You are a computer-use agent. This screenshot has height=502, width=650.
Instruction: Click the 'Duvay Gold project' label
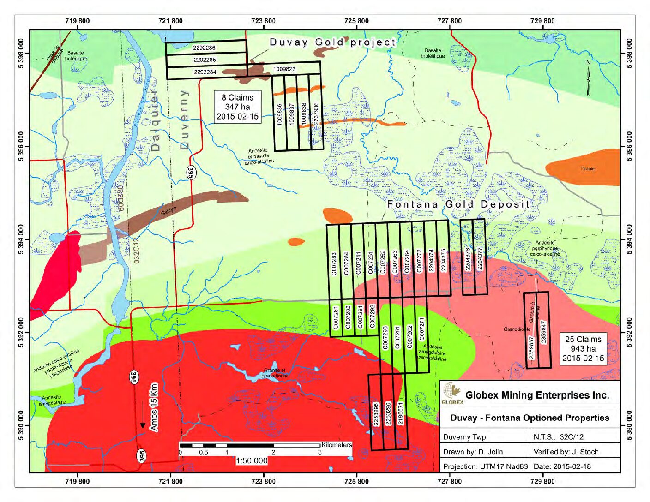(332, 42)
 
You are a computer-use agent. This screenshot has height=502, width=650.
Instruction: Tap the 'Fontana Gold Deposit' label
(458, 204)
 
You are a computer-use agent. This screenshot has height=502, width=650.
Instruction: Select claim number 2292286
(204, 48)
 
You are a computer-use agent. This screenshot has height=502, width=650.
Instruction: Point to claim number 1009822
(284, 69)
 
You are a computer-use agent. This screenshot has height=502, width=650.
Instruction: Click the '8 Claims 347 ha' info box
(237, 107)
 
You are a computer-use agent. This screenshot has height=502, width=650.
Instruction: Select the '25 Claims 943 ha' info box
(583, 349)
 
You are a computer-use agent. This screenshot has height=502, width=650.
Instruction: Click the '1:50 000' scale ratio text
(251, 460)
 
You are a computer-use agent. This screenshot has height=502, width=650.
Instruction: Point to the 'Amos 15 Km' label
(154, 407)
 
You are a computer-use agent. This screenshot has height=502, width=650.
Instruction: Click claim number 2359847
(543, 332)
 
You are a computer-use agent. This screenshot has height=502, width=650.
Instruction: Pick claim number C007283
(334, 263)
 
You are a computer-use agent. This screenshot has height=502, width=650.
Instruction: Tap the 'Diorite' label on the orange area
(588, 169)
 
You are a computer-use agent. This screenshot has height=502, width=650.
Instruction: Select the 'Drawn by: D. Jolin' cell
(473, 452)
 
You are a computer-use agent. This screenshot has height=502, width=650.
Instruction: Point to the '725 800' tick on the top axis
(356, 21)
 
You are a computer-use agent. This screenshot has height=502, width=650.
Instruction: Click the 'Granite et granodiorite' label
(274, 373)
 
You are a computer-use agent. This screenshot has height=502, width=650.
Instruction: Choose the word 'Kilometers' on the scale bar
(337, 445)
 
